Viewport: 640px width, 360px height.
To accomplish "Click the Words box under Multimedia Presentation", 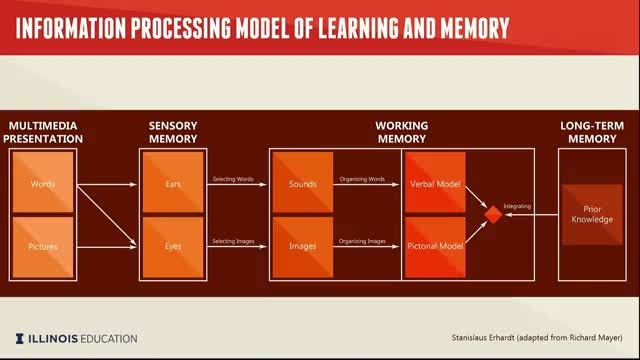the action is click(x=43, y=182).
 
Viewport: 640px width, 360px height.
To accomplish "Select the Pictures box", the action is click(x=43, y=247).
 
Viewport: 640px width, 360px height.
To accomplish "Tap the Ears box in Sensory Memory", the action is click(x=173, y=182).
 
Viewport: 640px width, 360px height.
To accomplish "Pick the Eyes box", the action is click(x=173, y=247).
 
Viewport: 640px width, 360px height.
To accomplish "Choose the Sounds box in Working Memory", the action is click(x=302, y=182).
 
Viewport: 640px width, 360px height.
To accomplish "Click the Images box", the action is click(x=302, y=247).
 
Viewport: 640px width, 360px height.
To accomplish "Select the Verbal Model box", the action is click(x=435, y=182).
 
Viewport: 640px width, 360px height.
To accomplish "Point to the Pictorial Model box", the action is click(x=435, y=247).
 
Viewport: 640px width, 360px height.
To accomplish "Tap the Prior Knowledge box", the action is click(x=592, y=215).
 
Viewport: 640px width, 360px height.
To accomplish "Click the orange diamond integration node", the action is click(x=493, y=215).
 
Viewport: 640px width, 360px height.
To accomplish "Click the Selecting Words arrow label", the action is click(x=233, y=179).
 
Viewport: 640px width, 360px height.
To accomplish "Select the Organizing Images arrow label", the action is click(x=362, y=241).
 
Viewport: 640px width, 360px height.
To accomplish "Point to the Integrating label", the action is click(x=517, y=207).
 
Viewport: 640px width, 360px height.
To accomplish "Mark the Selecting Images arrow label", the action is click(x=233, y=241).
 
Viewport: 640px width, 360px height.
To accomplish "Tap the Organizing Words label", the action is click(x=362, y=179).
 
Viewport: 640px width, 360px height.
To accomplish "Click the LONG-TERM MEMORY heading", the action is click(x=592, y=132).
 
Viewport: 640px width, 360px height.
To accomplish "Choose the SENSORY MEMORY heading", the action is click(x=173, y=132).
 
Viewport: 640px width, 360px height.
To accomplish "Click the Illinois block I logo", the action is click(x=20, y=338).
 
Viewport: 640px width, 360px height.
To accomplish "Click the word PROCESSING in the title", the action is click(x=181, y=28).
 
